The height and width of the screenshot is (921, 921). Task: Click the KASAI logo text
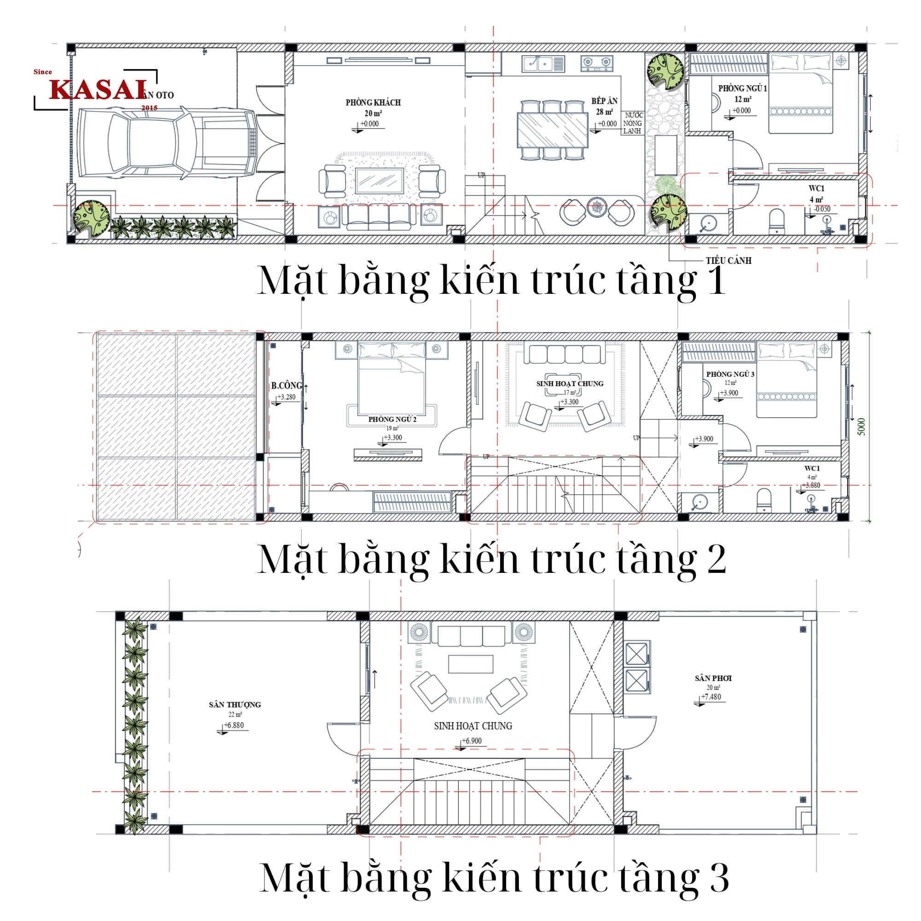(x=98, y=89)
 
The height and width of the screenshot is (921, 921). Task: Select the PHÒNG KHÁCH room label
(x=373, y=103)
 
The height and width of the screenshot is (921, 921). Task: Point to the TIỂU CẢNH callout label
(x=729, y=261)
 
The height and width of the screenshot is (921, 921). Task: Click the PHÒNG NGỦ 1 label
(x=742, y=89)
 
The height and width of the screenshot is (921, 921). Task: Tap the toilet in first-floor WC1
(x=776, y=221)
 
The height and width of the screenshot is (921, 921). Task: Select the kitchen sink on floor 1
(x=543, y=64)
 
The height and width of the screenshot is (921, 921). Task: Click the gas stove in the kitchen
(x=596, y=63)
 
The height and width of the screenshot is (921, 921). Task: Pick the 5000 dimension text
(x=861, y=427)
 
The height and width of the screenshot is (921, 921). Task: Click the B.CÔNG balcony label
(x=286, y=385)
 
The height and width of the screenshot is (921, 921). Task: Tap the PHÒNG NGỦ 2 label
(x=392, y=420)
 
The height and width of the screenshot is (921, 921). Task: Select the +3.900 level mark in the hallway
(x=704, y=439)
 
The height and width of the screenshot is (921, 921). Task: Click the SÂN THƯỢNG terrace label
(x=234, y=705)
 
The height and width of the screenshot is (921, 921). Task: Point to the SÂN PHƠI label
(x=713, y=678)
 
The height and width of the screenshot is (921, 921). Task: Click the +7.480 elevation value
(x=711, y=697)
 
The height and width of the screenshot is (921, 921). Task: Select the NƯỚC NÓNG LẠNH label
(x=634, y=123)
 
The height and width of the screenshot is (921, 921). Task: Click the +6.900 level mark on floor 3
(x=472, y=741)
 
